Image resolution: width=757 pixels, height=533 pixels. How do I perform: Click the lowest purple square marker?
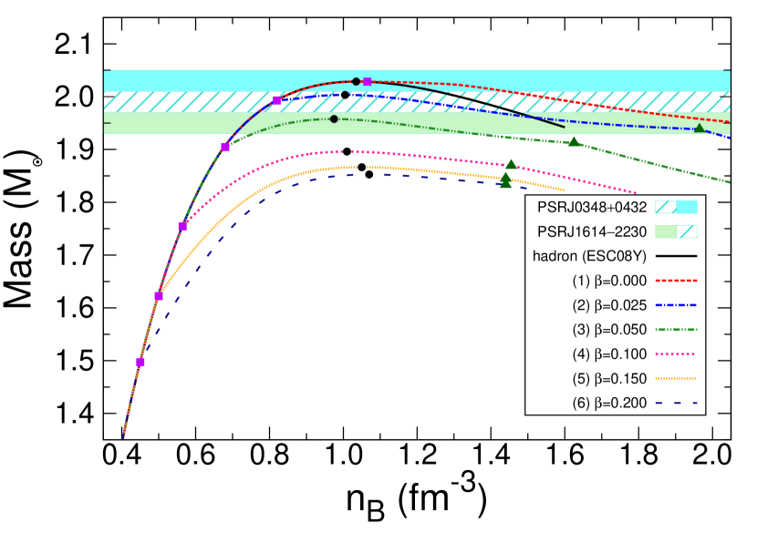[140, 362]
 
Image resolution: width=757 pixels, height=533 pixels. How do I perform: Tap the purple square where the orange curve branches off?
[159, 296]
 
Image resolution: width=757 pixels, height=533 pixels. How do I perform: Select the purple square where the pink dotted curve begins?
[182, 226]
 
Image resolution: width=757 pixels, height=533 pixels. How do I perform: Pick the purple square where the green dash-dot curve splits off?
[225, 148]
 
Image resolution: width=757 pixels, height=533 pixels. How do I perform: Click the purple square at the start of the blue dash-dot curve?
[276, 100]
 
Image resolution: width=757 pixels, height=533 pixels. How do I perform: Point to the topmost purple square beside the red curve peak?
[367, 82]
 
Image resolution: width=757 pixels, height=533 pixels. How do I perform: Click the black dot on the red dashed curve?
[356, 82]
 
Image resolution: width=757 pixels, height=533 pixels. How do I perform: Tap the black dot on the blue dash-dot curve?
[345, 95]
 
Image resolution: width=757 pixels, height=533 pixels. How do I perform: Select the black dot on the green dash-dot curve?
[334, 119]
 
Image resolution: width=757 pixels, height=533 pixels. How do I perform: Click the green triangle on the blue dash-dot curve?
[700, 128]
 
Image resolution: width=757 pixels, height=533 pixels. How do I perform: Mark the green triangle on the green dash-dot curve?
[574, 141]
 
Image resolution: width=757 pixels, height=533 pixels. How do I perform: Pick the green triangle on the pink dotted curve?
[511, 164]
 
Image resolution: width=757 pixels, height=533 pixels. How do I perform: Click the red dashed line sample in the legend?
[676, 281]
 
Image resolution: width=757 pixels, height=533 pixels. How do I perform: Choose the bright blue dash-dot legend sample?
[676, 305]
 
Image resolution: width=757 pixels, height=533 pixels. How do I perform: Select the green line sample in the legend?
[676, 330]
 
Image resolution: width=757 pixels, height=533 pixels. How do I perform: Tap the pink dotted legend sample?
[676, 354]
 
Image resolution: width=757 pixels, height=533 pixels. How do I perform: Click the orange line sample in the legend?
[676, 378]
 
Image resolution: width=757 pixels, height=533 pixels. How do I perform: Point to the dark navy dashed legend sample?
[676, 403]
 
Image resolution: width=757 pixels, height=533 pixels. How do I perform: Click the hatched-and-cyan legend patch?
[676, 208]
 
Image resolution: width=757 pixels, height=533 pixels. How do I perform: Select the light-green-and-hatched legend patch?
[676, 232]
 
